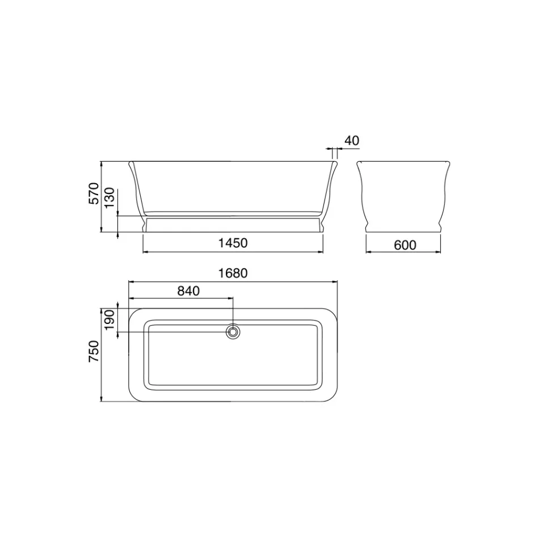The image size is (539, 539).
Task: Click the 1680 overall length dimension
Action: (233, 273)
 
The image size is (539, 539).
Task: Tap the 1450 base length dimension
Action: (233, 243)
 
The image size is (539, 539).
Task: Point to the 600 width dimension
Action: (405, 245)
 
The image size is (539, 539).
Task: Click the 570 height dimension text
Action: (94, 193)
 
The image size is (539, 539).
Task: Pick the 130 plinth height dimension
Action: (110, 198)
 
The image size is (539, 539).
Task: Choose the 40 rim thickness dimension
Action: (352, 140)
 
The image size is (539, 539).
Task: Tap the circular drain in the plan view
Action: (233, 331)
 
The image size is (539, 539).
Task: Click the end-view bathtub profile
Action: (403, 196)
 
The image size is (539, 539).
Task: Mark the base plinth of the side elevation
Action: (233, 224)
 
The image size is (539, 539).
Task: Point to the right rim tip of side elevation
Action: (336, 163)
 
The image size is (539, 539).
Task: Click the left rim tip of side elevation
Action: (130, 163)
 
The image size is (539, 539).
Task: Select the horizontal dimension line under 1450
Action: (233, 251)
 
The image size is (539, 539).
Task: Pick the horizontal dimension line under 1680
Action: (233, 281)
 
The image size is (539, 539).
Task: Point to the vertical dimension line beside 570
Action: (101, 196)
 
